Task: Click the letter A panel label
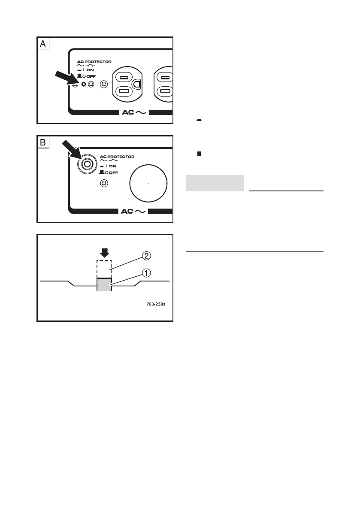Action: click(43, 44)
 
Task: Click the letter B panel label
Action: click(43, 142)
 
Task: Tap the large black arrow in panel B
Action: click(70, 151)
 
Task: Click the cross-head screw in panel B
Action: click(103, 183)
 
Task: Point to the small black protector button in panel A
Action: click(84, 85)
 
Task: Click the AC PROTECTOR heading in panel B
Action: click(117, 157)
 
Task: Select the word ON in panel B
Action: click(113, 166)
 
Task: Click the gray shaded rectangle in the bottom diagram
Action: click(104, 285)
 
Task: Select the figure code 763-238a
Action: click(155, 305)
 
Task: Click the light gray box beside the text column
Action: click(215, 183)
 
